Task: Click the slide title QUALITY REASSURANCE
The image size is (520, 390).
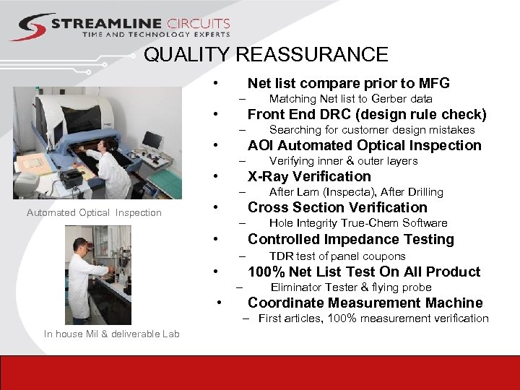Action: click(266, 55)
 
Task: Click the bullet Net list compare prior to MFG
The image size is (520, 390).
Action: click(348, 83)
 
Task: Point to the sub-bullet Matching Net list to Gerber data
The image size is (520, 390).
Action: click(350, 99)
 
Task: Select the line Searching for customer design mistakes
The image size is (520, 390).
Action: click(371, 130)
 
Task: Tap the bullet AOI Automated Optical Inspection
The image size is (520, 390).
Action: click(364, 145)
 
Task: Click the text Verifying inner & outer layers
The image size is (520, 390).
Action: click(343, 161)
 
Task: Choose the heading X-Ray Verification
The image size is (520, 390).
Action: click(309, 176)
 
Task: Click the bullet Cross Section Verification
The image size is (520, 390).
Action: click(337, 207)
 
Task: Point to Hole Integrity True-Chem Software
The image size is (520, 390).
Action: click(358, 223)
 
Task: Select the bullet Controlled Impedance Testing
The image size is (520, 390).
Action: click(350, 239)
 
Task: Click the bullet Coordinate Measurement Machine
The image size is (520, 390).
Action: click(365, 303)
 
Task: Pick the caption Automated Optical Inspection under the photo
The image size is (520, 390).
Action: click(94, 212)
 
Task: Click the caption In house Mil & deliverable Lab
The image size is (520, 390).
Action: click(111, 333)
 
